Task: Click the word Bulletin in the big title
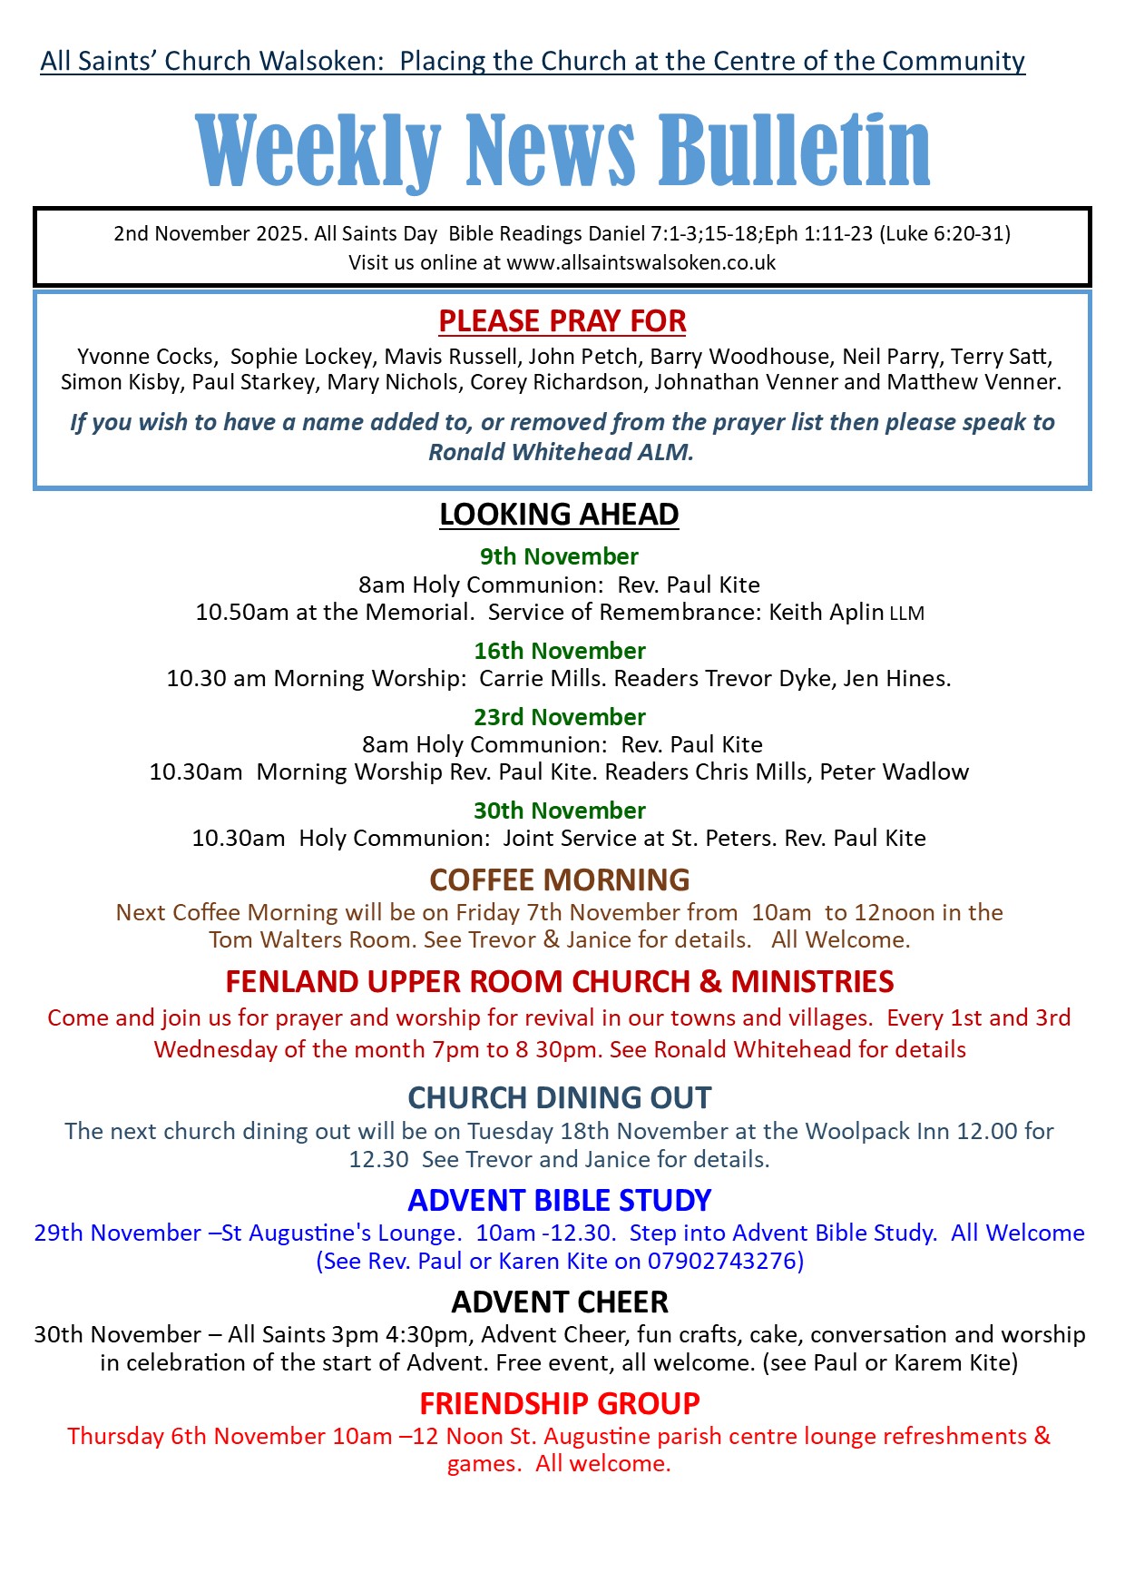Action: pyautogui.click(x=794, y=150)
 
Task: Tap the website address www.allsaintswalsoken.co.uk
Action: pyautogui.click(x=641, y=263)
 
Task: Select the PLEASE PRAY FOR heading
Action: pyautogui.click(x=562, y=321)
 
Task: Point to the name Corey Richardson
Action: pyautogui.click(x=556, y=382)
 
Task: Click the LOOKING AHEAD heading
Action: pyautogui.click(x=559, y=515)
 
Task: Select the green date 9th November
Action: pyautogui.click(x=559, y=556)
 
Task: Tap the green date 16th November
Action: pyautogui.click(x=559, y=651)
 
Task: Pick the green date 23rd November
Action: pyautogui.click(x=559, y=717)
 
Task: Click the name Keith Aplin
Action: pyautogui.click(x=826, y=613)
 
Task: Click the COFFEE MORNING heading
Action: pyautogui.click(x=559, y=880)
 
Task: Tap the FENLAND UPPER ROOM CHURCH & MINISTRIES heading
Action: pyautogui.click(x=559, y=982)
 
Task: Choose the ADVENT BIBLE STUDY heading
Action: pyautogui.click(x=559, y=1201)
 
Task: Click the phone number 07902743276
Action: pyautogui.click(x=721, y=1262)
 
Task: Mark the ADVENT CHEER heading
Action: pyautogui.click(x=559, y=1302)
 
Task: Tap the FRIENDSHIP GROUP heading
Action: pyautogui.click(x=559, y=1404)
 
